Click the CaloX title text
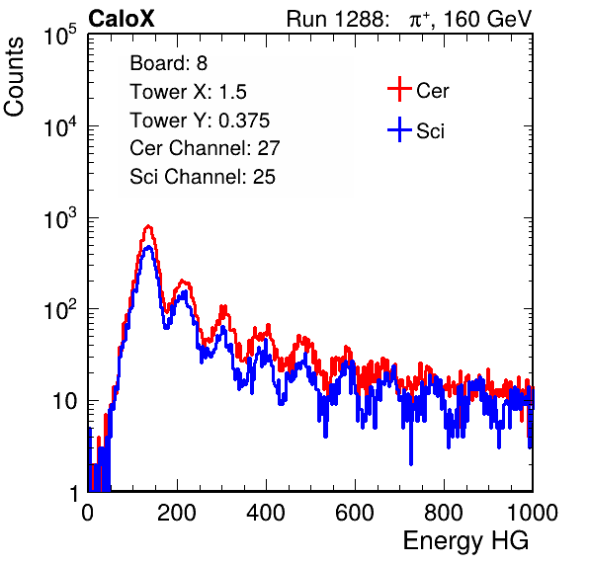[122, 19]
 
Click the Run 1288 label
[337, 19]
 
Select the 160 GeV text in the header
[487, 19]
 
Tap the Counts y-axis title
[14, 77]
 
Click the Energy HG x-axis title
[465, 541]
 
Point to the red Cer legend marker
[399, 89]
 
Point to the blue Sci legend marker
[399, 130]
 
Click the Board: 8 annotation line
[168, 63]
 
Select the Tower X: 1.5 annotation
[188, 92]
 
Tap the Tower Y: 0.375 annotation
[200, 121]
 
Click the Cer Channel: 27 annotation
[205, 148]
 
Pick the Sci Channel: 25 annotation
[203, 177]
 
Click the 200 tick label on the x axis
[177, 513]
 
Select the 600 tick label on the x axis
[355, 513]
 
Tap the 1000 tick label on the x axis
[533, 513]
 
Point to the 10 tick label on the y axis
[64, 401]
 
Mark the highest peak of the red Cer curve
[148, 226]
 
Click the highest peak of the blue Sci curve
[148, 247]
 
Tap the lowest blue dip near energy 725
[411, 463]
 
